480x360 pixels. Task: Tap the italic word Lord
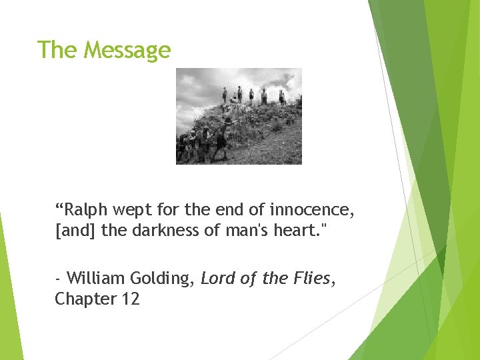(x=216, y=278)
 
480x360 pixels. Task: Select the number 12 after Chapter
(x=130, y=299)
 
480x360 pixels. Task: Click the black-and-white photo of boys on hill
(x=239, y=116)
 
